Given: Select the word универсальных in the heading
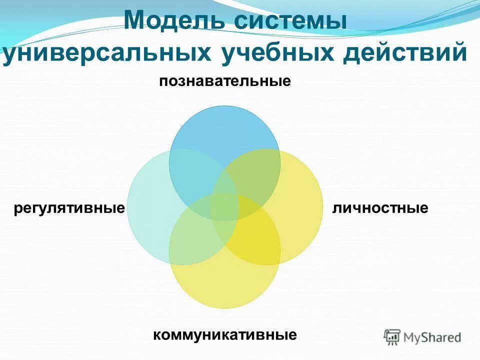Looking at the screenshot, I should (107, 53).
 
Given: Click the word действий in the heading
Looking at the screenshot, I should (404, 53).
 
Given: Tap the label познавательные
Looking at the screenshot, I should (225, 81).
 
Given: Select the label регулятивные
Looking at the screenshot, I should (69, 207).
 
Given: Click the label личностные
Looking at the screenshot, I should (380, 207).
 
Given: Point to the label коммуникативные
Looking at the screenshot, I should (225, 334).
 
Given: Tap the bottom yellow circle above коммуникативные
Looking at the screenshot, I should (224, 285).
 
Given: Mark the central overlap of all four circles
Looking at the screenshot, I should (224, 207).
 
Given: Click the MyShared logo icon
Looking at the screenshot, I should (392, 336).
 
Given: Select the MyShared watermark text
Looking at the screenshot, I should (432, 337).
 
